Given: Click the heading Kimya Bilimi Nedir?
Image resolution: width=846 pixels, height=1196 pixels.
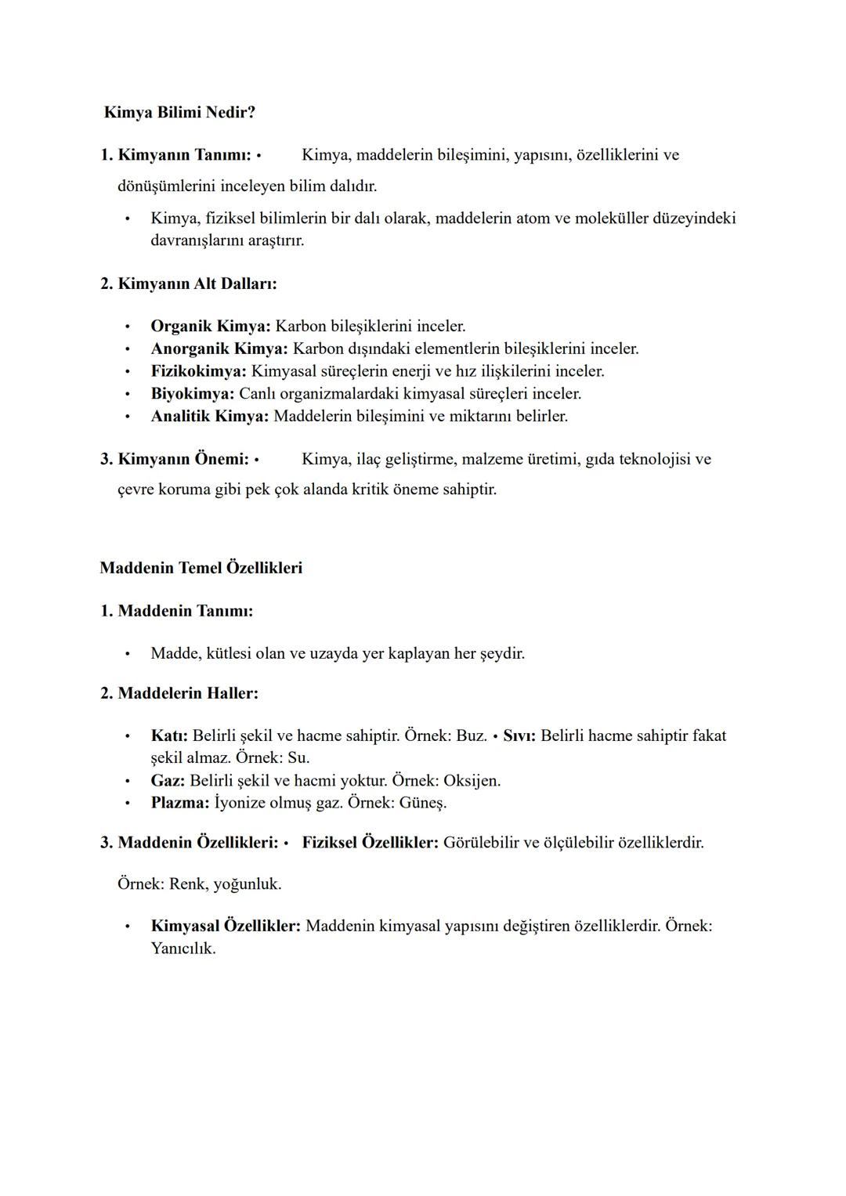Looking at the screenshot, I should [x=179, y=113].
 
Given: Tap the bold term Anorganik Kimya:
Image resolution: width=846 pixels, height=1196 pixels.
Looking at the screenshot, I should [x=219, y=349].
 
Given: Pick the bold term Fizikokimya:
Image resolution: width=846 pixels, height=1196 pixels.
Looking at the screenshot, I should [x=198, y=370].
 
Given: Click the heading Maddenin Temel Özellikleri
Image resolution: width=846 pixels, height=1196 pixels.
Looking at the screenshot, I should [x=201, y=568].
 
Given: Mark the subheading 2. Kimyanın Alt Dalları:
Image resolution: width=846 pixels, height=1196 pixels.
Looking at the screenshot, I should [x=188, y=284].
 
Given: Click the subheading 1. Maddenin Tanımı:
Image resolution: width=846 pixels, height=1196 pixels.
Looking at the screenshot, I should [x=176, y=611].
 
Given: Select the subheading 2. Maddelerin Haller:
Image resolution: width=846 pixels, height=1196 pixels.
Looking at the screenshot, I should [x=179, y=693].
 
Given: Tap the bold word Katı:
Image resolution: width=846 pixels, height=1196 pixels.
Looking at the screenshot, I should [x=168, y=736].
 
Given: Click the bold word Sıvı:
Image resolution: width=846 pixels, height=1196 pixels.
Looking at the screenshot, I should [x=519, y=736].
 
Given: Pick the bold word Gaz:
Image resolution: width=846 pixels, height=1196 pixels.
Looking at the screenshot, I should [x=168, y=781].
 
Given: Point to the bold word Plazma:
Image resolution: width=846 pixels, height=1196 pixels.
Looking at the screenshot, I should [x=180, y=803].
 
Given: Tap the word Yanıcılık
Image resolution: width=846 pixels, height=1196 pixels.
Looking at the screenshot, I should [x=183, y=948].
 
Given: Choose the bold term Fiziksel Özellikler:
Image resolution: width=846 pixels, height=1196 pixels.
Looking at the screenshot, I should [x=370, y=843].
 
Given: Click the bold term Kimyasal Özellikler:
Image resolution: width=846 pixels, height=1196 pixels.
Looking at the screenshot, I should [x=226, y=926].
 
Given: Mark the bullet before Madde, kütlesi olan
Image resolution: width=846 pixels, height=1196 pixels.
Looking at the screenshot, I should [x=126, y=654].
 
